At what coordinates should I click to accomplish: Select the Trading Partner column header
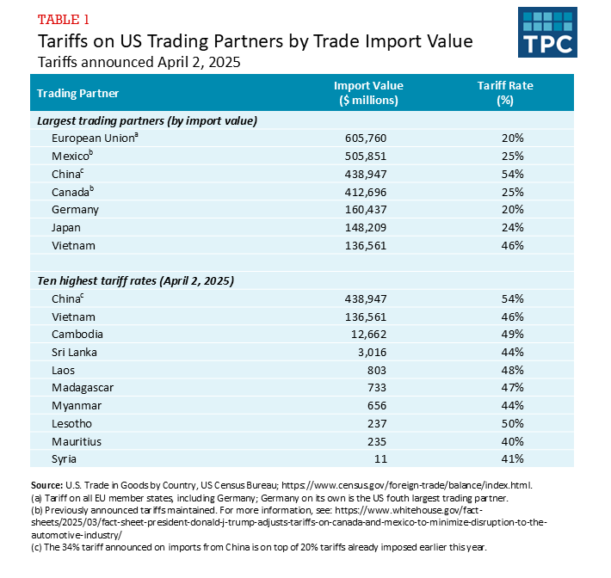click(78, 93)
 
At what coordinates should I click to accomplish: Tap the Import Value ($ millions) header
click(368, 93)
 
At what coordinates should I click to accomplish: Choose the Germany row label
click(75, 209)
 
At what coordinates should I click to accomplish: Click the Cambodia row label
click(77, 334)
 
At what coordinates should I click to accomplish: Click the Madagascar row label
click(83, 387)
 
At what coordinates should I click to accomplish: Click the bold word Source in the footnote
click(47, 486)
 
